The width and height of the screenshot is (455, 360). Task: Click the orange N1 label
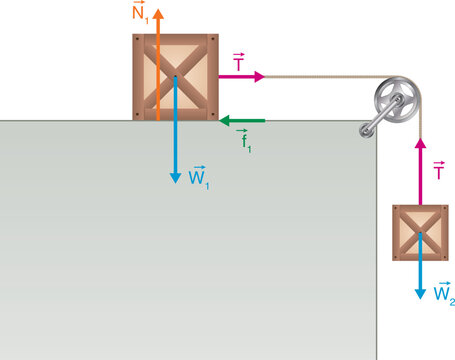[x=141, y=14]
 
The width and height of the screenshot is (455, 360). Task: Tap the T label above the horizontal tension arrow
[x=238, y=62]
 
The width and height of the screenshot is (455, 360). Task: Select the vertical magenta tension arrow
[x=421, y=170]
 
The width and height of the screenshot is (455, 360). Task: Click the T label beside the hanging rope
[x=438, y=171]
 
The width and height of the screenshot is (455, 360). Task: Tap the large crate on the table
[x=175, y=77]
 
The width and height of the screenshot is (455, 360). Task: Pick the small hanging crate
[x=420, y=233]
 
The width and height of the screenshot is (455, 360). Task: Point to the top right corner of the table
[x=376, y=122]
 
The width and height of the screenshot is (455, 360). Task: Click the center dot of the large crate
[x=175, y=77]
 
